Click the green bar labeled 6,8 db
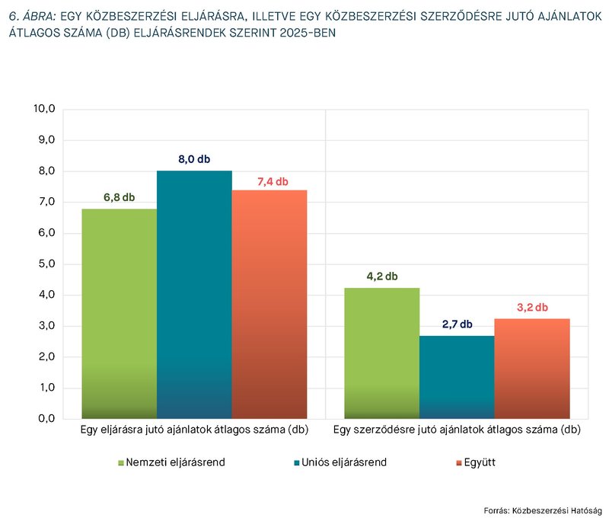pyautogui.click(x=119, y=313)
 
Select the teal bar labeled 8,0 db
pyautogui.click(x=194, y=295)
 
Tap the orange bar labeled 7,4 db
pyautogui.click(x=269, y=304)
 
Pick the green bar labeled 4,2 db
pyautogui.click(x=382, y=353)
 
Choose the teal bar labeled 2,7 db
pyautogui.click(x=457, y=377)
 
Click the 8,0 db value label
pyautogui.click(x=194, y=159)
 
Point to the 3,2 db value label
pyautogui.click(x=532, y=307)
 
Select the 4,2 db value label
pyautogui.click(x=382, y=276)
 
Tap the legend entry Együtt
pyautogui.click(x=473, y=462)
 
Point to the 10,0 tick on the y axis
pyautogui.click(x=44, y=109)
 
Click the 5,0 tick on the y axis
pyautogui.click(x=46, y=264)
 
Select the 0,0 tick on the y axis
pyautogui.click(x=46, y=419)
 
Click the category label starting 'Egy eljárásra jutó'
pyautogui.click(x=194, y=430)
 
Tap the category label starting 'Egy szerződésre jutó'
pyautogui.click(x=457, y=430)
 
